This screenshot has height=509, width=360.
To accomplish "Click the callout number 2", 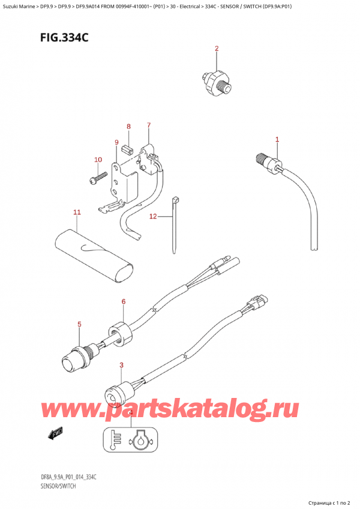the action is point(217,49).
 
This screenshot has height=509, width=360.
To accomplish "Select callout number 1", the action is point(277,140).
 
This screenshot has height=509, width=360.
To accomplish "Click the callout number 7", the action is point(148,125).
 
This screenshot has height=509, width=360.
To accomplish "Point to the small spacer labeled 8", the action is point(128,150).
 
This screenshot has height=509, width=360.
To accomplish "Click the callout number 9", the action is point(116,142).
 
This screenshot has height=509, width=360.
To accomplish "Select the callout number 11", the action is point(77,212).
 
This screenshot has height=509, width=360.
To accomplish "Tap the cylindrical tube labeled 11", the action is point(94,256).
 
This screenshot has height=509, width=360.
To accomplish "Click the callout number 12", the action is point(153,216).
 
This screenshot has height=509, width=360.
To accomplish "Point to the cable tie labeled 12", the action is point(175,224).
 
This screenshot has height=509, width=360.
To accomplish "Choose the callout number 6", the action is point(124,301).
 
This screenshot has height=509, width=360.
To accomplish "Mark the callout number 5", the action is point(80,324).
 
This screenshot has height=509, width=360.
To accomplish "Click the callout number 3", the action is point(121,365).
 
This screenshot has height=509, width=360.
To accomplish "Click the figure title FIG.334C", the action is point(64,38).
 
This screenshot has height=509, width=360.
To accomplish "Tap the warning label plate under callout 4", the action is point(130,440).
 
